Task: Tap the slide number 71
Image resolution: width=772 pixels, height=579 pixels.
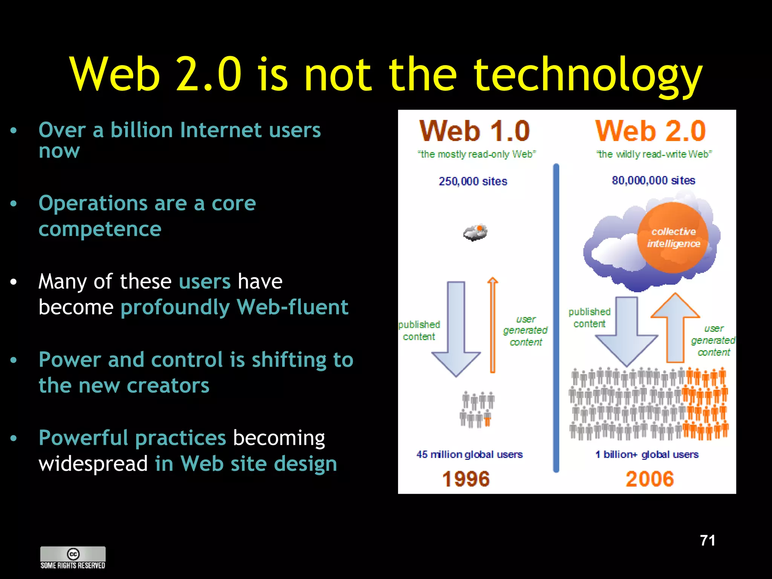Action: click(x=708, y=540)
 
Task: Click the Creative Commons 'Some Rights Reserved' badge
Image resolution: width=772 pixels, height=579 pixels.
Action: click(x=73, y=558)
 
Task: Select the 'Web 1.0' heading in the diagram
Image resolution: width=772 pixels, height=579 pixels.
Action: click(x=475, y=131)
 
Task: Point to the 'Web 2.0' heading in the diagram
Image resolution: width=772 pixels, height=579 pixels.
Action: click(x=650, y=131)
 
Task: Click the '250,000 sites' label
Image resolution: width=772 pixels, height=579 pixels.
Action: click(x=473, y=181)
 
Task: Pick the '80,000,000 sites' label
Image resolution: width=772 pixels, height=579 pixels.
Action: click(x=653, y=181)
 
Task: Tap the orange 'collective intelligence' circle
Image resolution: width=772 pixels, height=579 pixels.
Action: click(x=673, y=237)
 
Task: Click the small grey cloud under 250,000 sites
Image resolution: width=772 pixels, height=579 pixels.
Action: click(x=475, y=232)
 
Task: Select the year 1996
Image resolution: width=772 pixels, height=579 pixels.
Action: click(x=466, y=479)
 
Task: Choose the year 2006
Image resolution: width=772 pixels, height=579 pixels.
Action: click(x=649, y=479)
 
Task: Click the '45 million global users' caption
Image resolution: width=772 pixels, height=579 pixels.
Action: click(x=469, y=454)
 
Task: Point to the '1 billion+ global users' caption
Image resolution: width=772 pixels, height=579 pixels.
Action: click(x=647, y=454)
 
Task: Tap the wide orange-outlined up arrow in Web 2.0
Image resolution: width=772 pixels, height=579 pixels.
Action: click(x=675, y=328)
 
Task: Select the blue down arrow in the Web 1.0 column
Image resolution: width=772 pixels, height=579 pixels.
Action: click(x=456, y=328)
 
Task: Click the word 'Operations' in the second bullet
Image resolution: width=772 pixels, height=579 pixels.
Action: click(x=93, y=204)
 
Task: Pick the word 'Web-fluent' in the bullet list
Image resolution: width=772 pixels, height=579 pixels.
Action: click(x=293, y=307)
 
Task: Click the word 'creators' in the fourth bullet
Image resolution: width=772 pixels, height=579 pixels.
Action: click(x=168, y=385)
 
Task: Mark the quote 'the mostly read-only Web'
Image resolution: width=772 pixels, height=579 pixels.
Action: click(x=476, y=154)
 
